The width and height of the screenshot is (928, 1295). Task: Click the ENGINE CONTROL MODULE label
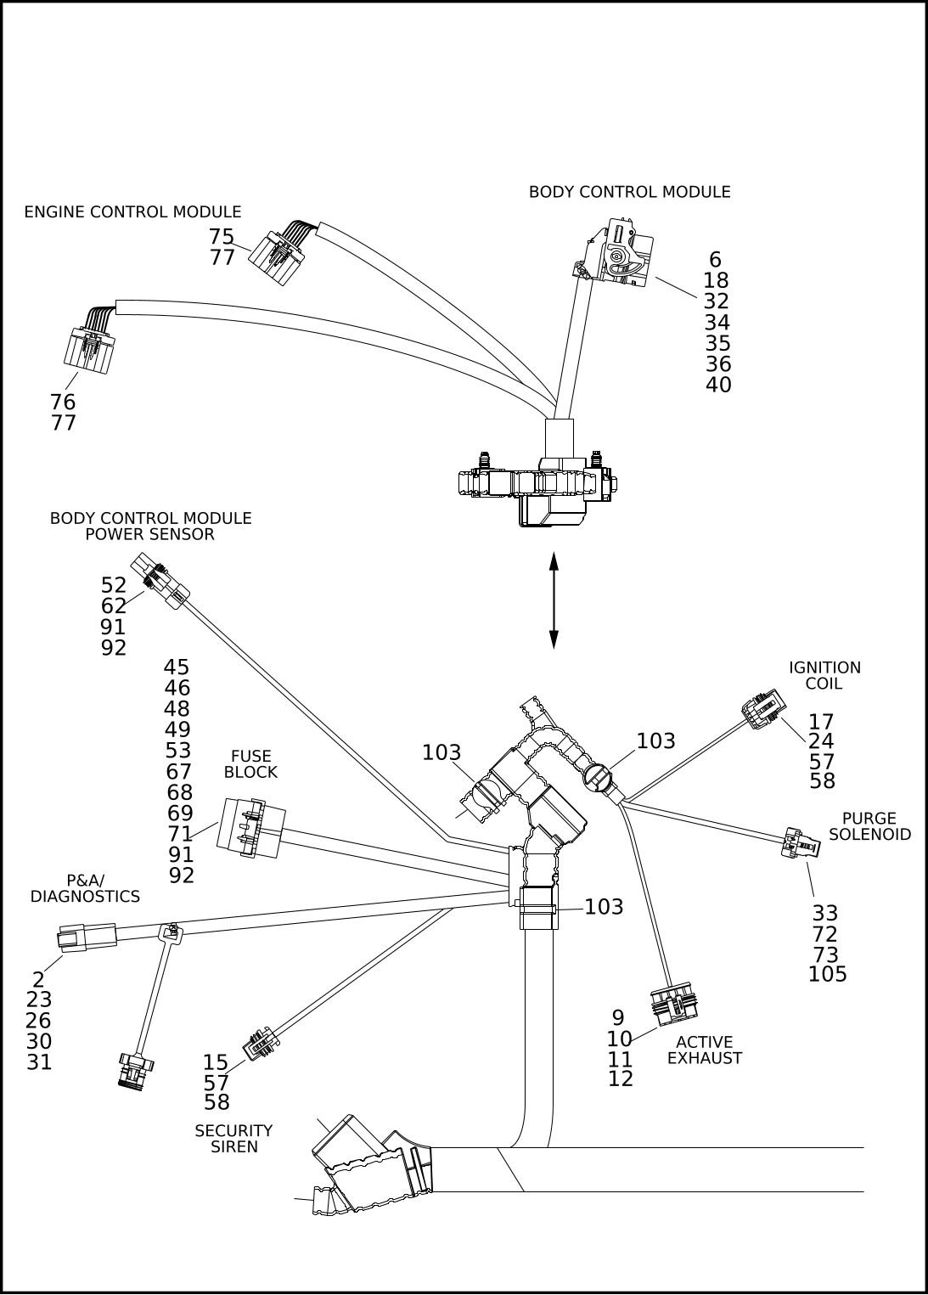click(132, 212)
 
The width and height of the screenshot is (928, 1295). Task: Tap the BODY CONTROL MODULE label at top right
click(629, 193)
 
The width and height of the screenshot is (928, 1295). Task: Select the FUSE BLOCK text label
click(250, 764)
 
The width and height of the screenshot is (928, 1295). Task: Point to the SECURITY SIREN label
click(233, 1139)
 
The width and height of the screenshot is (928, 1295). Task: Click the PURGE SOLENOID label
click(869, 826)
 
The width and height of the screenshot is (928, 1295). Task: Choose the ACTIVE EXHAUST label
click(705, 1050)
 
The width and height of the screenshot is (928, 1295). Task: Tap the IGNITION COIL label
click(824, 675)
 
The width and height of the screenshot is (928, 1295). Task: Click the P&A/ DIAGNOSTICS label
click(85, 888)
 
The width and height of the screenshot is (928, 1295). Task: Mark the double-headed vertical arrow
click(554, 600)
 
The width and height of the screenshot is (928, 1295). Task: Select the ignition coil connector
click(762, 709)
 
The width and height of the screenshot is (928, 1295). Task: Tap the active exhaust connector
click(674, 1003)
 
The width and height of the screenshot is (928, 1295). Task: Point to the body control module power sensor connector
click(160, 581)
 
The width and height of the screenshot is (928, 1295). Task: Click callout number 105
click(828, 975)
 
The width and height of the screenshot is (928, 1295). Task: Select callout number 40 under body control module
click(718, 386)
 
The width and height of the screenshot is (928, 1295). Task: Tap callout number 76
click(63, 403)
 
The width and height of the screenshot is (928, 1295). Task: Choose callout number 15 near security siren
click(216, 1063)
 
